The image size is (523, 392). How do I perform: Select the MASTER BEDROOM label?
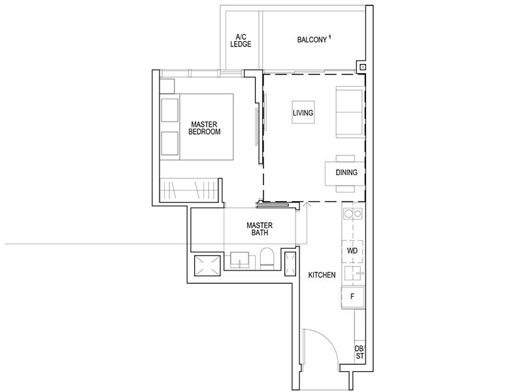[205, 127]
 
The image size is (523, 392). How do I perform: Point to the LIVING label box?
[303, 114]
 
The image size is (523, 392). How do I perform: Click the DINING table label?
[346, 173]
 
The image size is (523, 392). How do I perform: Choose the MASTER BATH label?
[259, 228]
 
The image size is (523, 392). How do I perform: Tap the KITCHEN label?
[322, 275]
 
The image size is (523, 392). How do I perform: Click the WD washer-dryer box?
[351, 251]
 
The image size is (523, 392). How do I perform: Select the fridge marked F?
[352, 296]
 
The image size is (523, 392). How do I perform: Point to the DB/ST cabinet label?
[359, 352]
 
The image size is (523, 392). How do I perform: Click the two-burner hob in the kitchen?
[353, 213]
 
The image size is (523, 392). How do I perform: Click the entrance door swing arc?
[327, 346]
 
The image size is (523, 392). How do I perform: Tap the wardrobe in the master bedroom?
[190, 189]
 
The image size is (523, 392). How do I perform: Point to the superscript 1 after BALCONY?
[330, 37]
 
